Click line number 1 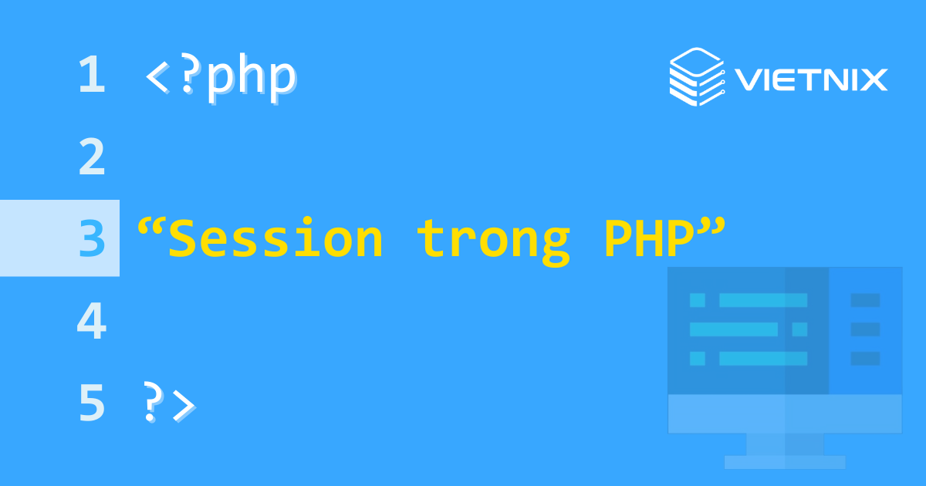(x=92, y=76)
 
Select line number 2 (x=92, y=157)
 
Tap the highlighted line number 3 (x=92, y=238)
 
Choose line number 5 (x=92, y=403)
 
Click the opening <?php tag (x=221, y=77)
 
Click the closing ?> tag (x=168, y=403)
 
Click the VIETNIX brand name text (x=811, y=79)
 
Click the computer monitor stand (x=785, y=444)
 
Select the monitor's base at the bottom (x=785, y=462)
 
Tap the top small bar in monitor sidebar (x=865, y=300)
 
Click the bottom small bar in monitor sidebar (x=865, y=359)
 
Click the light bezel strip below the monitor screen (x=785, y=413)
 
